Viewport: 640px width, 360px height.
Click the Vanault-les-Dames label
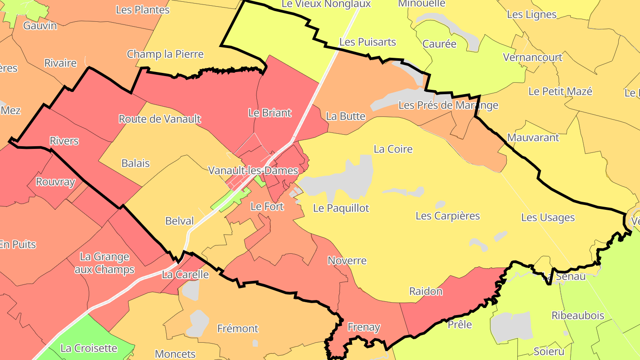coord(253,170)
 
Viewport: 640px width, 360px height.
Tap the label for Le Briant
coord(270,113)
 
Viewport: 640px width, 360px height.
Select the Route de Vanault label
coord(160,119)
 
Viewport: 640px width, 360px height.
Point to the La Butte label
coord(345,116)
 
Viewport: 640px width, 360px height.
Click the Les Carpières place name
coord(448,216)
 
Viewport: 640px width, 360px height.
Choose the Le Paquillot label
coord(341,208)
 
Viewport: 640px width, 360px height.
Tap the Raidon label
coord(425,292)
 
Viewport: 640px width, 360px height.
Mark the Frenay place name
coord(364,328)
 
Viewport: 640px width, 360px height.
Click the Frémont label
coord(237,329)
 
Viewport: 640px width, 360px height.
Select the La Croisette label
coord(89,348)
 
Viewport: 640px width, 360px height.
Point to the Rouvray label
coord(55,182)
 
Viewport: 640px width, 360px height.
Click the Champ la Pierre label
coord(165,54)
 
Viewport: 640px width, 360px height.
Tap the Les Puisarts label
coord(367,42)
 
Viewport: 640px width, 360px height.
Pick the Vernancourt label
coord(532,57)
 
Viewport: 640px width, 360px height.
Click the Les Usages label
coord(548,218)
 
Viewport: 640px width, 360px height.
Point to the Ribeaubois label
coord(578,316)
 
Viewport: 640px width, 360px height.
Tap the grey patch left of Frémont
coord(199,322)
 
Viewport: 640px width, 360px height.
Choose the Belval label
coord(180,221)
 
